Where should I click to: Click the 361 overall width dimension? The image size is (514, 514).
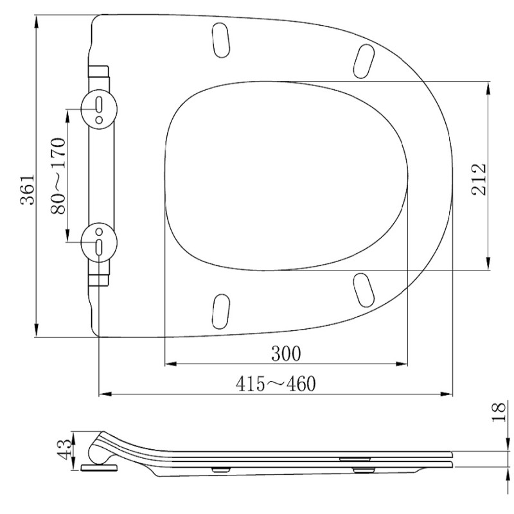[28, 190]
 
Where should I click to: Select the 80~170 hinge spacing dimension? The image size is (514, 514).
[58, 176]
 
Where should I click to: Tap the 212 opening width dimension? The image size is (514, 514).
[479, 179]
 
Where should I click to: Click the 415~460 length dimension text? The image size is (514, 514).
[276, 384]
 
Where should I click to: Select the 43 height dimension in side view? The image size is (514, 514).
[64, 450]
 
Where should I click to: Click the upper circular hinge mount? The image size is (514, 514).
[99, 109]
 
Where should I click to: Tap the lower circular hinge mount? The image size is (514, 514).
[99, 242]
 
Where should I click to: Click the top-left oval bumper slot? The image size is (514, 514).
[221, 40]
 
